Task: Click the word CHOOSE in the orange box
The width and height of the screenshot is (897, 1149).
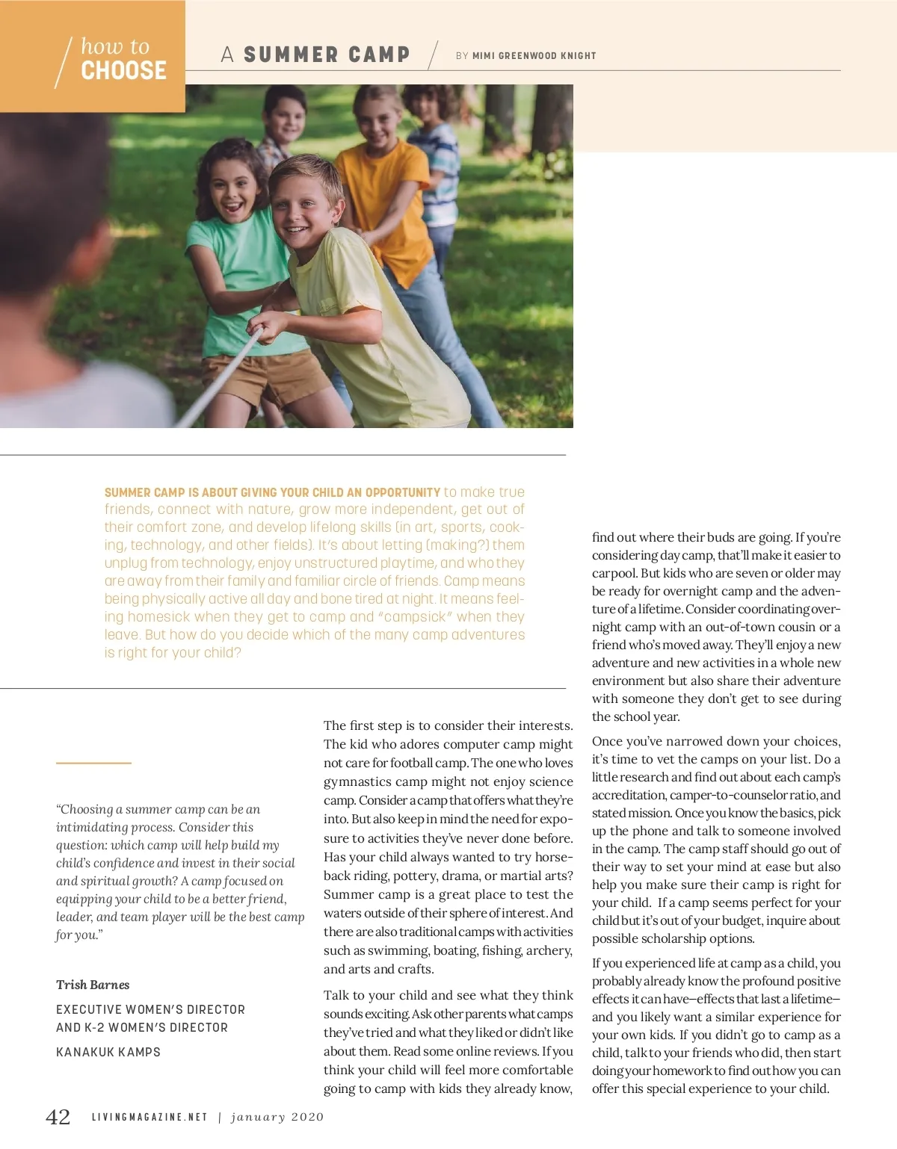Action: coord(123,71)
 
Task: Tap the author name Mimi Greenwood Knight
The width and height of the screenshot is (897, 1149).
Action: coord(534,55)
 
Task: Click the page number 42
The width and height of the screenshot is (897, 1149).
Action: coord(58,1117)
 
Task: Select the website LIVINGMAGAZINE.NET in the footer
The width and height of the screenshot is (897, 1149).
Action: coord(149,1118)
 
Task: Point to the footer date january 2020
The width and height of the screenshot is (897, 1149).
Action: coord(277,1118)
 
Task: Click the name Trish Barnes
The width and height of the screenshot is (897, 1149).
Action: coord(93,985)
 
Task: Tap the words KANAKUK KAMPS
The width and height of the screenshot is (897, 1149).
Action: coord(108,1052)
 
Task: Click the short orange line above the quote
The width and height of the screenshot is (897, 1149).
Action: coord(93,763)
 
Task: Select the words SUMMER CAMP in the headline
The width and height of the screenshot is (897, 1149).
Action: coord(327,55)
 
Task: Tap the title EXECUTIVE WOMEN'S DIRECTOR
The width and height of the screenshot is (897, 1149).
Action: coord(150,1009)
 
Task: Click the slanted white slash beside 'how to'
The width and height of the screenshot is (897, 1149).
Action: coord(65,62)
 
